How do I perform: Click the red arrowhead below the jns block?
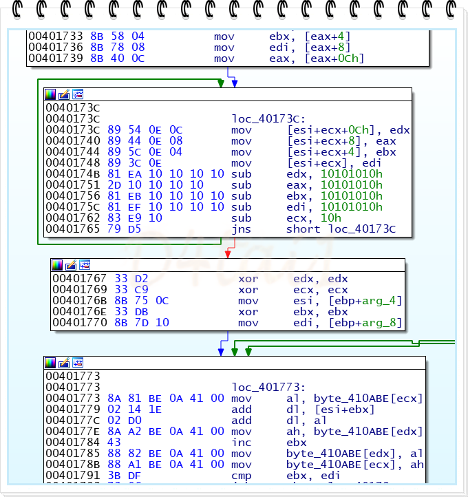pyautogui.click(x=227, y=253)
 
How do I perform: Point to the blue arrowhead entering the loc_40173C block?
pyautogui.click(x=235, y=83)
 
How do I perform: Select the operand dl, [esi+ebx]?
pyautogui.click(x=330, y=410)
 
